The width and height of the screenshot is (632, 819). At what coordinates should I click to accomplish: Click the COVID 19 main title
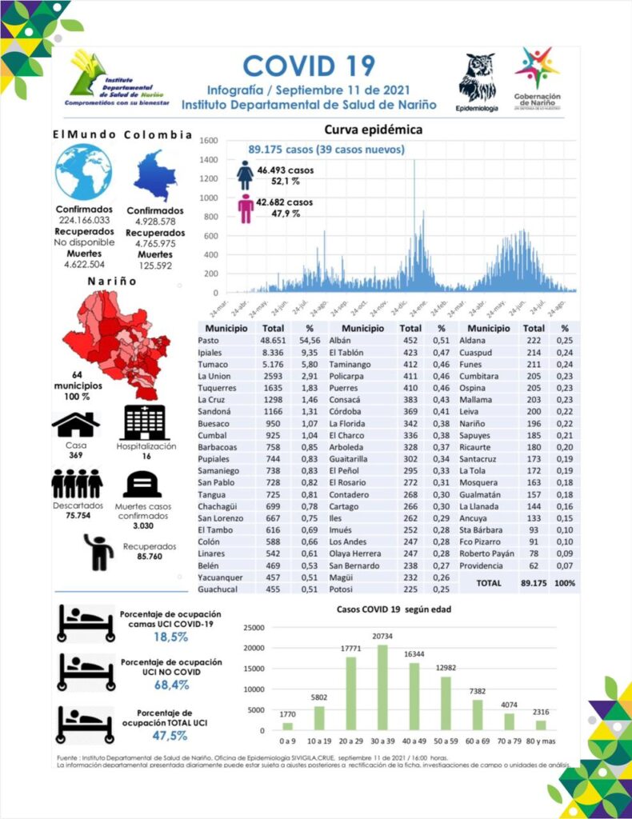[309, 66]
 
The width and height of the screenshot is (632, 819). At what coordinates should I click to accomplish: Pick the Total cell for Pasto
[274, 341]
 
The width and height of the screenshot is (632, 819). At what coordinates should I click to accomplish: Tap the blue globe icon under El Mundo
[84, 173]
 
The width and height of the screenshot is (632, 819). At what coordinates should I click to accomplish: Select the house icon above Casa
[75, 423]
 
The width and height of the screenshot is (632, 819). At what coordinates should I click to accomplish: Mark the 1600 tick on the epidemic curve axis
[208, 141]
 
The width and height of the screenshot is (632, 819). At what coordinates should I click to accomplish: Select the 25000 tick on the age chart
[253, 627]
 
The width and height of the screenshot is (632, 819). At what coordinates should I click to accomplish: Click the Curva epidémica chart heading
[373, 130]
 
